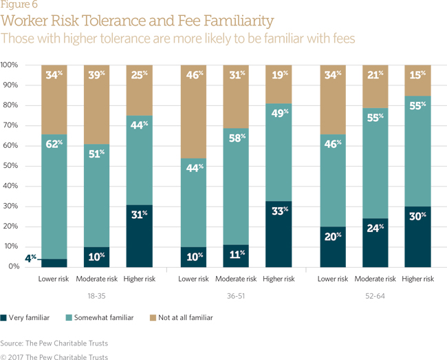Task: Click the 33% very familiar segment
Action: pos(279,234)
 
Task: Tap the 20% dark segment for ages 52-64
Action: pos(332,246)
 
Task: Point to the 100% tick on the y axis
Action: pos(9,65)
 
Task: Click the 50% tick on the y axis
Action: pos(9,166)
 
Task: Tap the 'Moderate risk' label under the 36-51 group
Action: pos(236,278)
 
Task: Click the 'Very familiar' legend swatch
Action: pos(4,317)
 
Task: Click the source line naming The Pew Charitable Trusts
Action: pos(54,343)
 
